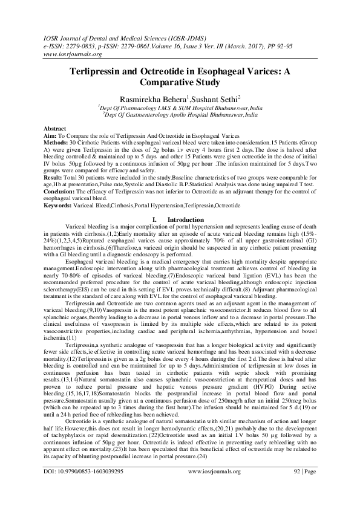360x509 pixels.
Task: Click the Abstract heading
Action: point(56,129)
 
